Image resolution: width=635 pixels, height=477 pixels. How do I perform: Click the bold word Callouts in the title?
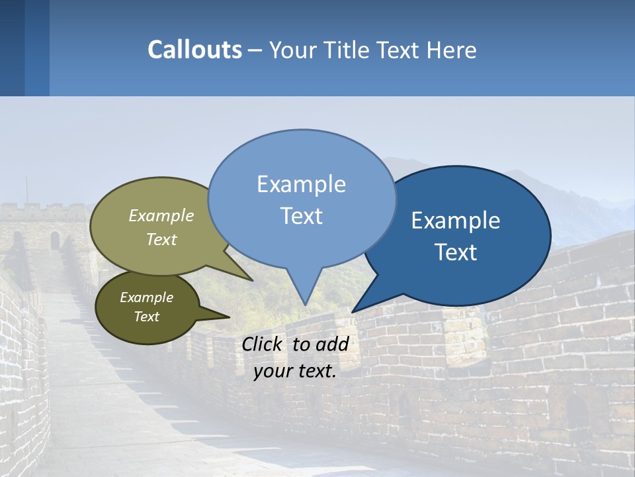pyautogui.click(x=194, y=50)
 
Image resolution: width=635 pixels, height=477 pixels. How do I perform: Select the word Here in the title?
pyautogui.click(x=452, y=50)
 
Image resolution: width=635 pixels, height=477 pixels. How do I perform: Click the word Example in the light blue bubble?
pyautogui.click(x=301, y=184)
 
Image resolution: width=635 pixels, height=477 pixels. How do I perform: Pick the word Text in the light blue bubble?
pyautogui.click(x=301, y=216)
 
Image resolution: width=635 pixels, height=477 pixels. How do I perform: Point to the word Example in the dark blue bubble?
pyautogui.click(x=456, y=221)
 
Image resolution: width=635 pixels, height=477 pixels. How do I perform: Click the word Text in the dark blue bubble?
pyautogui.click(x=456, y=252)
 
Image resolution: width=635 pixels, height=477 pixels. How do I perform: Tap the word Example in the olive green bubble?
pyautogui.click(x=161, y=215)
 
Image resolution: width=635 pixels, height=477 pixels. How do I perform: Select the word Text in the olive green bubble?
pyautogui.click(x=161, y=239)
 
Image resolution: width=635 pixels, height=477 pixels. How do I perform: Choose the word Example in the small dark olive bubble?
pyautogui.click(x=146, y=297)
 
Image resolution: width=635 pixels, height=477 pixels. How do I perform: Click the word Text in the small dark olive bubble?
pyautogui.click(x=146, y=317)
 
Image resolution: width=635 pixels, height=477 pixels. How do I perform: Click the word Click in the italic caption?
pyautogui.click(x=263, y=344)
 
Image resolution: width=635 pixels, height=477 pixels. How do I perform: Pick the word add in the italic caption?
pyautogui.click(x=332, y=344)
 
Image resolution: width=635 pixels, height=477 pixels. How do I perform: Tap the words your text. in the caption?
pyautogui.click(x=295, y=371)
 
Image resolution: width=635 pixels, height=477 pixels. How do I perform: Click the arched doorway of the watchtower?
pyautogui.click(x=55, y=240)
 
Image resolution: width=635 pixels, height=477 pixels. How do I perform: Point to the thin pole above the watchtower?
pyautogui.click(x=26, y=189)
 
